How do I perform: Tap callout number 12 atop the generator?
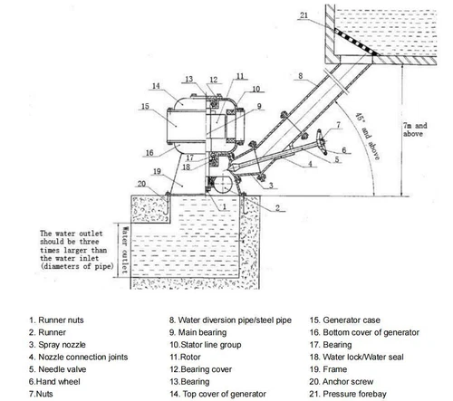point(213,80)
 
